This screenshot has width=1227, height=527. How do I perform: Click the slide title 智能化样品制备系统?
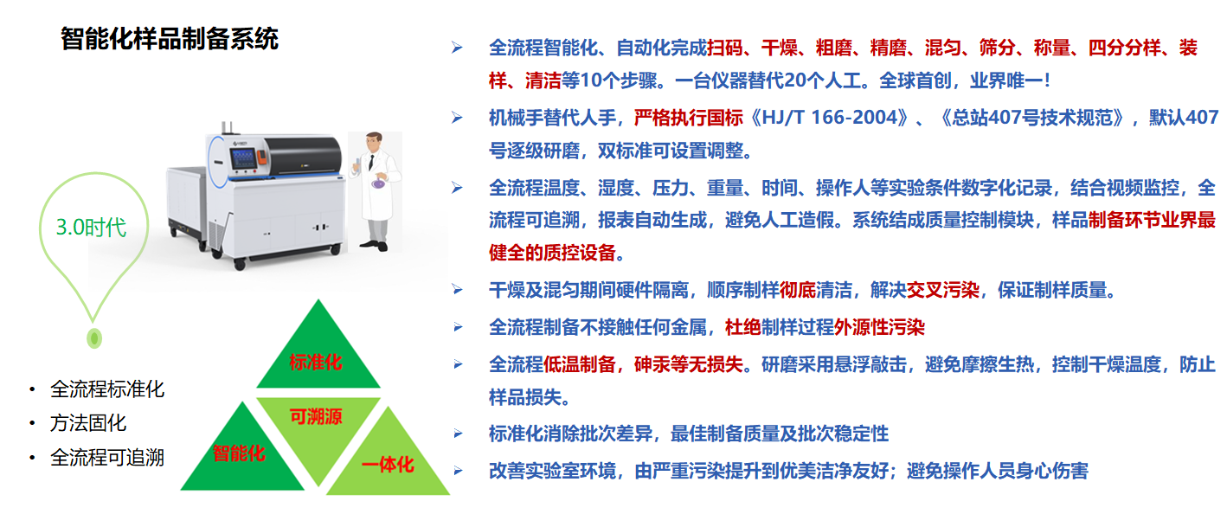click(170, 39)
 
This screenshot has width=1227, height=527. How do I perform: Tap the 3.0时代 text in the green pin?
click(91, 228)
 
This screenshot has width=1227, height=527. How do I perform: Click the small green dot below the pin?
click(94, 338)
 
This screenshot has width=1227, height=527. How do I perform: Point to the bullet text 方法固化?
click(87, 423)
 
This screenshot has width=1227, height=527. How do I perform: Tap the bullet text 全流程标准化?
click(106, 389)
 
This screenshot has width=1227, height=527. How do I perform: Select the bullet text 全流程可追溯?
click(106, 457)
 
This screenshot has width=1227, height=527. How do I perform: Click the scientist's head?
click(374, 143)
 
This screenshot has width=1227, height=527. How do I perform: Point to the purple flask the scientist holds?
click(378, 183)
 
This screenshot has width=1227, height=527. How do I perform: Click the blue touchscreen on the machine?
click(243, 157)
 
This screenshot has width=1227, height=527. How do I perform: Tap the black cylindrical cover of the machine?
click(303, 155)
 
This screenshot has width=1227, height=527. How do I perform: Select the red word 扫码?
click(725, 48)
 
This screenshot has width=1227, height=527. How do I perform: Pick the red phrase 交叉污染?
click(942, 290)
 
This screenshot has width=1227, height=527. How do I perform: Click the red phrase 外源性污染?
click(879, 327)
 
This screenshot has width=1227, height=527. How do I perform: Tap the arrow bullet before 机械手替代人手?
click(456, 118)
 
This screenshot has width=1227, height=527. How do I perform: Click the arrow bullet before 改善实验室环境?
click(458, 471)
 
